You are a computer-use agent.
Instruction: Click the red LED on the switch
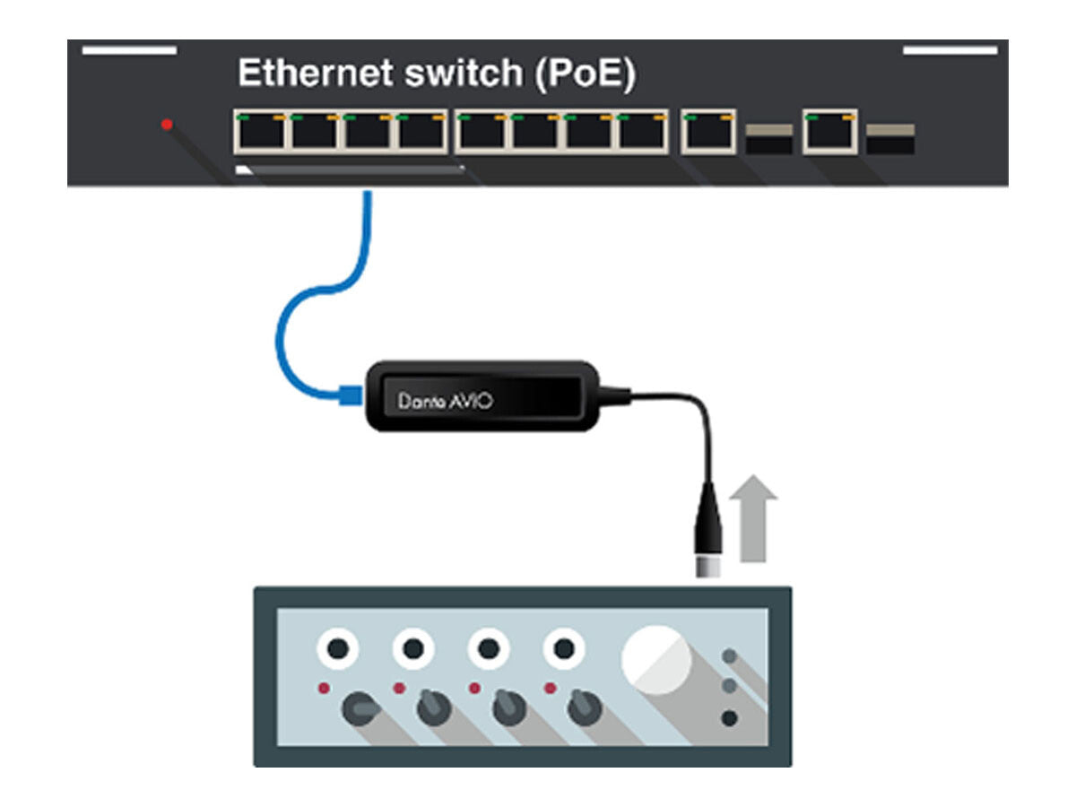tap(167, 125)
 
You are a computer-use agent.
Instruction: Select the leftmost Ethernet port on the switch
tap(260, 132)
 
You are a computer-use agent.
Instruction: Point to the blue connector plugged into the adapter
tap(349, 394)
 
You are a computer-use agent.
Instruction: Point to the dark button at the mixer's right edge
tap(730, 717)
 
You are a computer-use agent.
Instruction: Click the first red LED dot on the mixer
tap(324, 688)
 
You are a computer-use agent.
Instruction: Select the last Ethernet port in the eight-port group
tap(642, 132)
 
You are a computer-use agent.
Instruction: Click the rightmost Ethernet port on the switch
tap(829, 132)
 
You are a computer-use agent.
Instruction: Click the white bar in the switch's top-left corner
tap(129, 51)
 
